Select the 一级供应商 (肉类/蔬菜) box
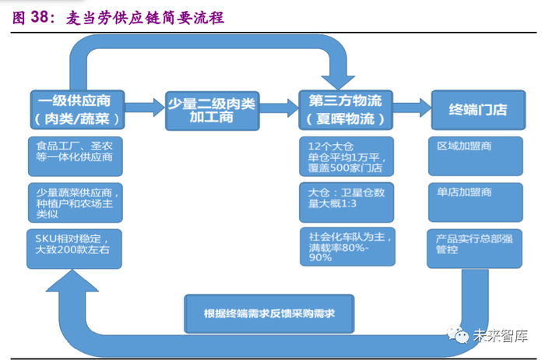coord(78,110)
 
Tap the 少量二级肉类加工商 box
coord(213,111)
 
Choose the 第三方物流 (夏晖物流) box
coord(346,110)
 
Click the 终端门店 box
coord(478,110)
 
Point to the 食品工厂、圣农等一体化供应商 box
coord(76,157)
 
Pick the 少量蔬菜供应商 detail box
coord(76,203)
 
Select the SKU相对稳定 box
coord(75,249)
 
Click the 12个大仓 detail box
coord(346,157)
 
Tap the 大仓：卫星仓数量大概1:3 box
coord(346,203)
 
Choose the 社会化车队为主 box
coord(347,246)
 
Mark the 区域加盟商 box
coord(476,156)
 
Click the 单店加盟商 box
coord(476,203)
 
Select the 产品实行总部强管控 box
coord(474,249)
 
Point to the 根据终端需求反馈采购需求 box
coord(269,314)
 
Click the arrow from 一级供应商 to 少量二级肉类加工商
coord(145,107)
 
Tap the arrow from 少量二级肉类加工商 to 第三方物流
coord(279,107)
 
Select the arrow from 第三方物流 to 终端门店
coord(412,107)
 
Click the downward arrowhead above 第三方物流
coord(338,83)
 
